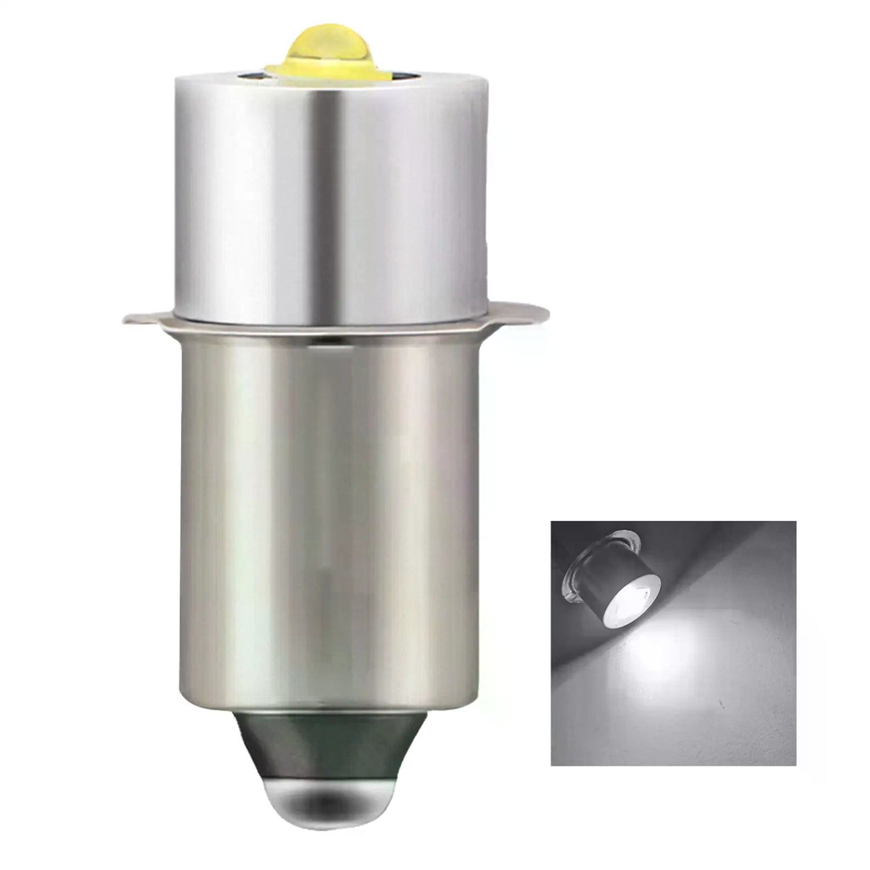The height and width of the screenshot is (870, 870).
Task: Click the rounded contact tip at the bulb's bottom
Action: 331,803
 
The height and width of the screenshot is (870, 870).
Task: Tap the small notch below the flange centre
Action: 333,339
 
